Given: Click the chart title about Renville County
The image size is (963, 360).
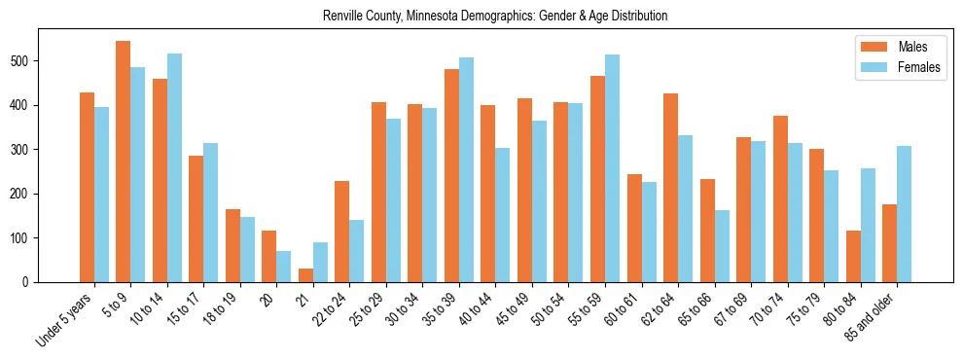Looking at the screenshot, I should (495, 17).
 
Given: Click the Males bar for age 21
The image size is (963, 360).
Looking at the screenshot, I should (305, 275).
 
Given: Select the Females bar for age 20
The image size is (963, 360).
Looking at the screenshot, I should (283, 267).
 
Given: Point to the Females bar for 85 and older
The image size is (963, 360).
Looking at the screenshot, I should (904, 214).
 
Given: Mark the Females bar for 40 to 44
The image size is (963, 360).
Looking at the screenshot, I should (503, 215).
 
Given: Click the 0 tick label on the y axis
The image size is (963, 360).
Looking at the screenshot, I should (28, 282).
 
